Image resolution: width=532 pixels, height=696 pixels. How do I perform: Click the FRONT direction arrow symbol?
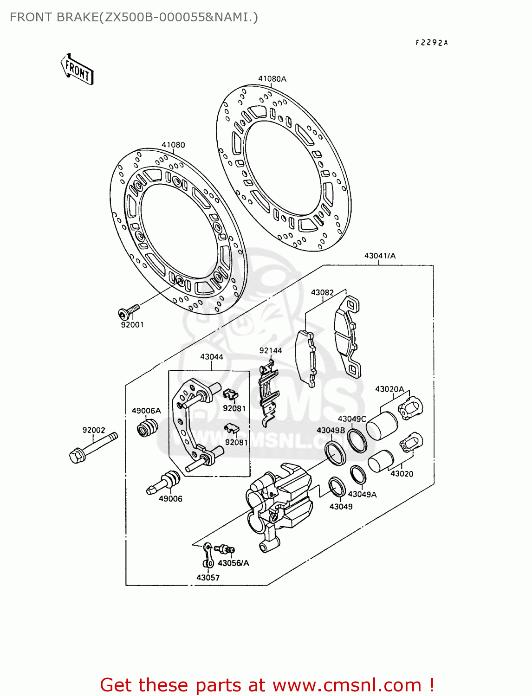tap(77, 70)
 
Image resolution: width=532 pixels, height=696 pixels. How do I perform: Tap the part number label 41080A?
tap(272, 79)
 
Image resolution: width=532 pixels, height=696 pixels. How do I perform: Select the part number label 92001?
tap(132, 325)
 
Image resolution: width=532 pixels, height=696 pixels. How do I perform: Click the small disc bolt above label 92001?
tap(129, 310)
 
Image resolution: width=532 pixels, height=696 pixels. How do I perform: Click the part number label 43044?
tap(211, 357)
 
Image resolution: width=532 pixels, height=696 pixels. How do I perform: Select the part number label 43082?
tap(322, 292)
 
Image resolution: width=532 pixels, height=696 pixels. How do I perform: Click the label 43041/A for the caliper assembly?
tap(380, 256)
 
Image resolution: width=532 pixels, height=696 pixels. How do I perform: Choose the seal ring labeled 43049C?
tap(357, 440)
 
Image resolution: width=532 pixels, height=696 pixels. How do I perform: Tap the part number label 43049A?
tap(362, 494)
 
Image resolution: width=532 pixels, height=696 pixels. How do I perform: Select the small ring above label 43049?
tap(337, 487)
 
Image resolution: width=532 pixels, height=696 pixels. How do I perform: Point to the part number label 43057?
tap(208, 578)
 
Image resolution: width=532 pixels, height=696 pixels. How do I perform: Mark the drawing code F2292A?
tap(431, 43)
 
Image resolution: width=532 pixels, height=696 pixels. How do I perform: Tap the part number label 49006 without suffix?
tap(170, 499)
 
